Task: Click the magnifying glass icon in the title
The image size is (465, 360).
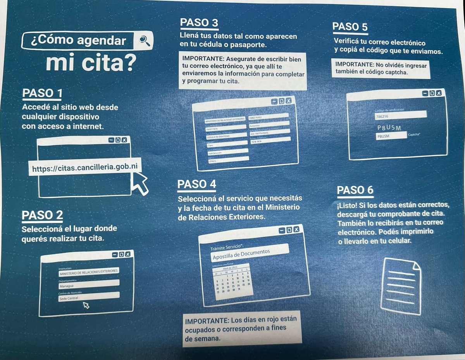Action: click(144, 40)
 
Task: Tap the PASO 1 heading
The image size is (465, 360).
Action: click(42, 93)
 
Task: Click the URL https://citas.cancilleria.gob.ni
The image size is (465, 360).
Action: click(85, 168)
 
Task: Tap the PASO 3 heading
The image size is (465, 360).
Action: click(200, 22)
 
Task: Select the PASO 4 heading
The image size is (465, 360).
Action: click(197, 184)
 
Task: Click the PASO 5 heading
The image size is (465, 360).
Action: click(350, 27)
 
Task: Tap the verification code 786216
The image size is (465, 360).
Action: click(400, 115)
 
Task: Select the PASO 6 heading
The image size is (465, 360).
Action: click(355, 190)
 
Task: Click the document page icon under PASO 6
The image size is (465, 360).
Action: click(401, 286)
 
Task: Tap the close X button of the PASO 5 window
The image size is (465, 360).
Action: click(438, 93)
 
